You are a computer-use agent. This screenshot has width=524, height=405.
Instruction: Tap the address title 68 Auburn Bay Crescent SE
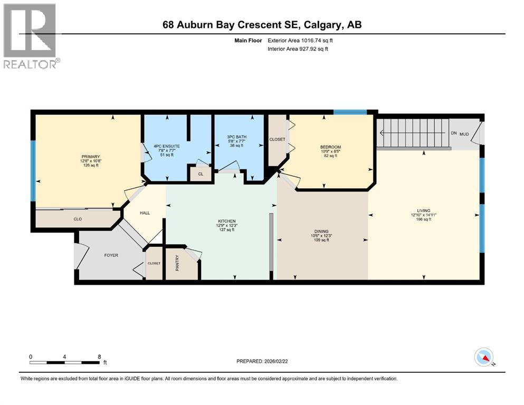[262, 25]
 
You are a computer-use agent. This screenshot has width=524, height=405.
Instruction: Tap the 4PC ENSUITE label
[166, 146]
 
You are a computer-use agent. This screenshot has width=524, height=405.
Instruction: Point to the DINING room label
[321, 232]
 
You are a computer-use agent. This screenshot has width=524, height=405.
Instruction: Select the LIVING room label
[424, 211]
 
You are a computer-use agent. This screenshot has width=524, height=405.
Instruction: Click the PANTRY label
[178, 263]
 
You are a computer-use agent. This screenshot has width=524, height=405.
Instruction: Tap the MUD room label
[464, 134]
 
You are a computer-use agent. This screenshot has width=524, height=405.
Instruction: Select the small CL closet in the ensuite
[201, 173]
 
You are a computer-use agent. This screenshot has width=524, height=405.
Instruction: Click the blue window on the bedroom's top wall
[350, 112]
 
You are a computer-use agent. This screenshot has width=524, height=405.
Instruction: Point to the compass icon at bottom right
[483, 358]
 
